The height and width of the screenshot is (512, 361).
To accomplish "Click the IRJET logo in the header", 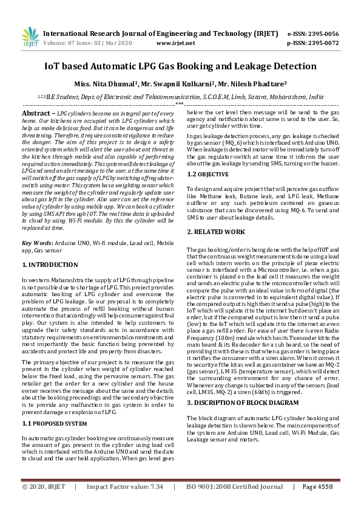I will tap(27, 37).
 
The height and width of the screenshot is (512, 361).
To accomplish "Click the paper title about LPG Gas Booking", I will tap(180, 66).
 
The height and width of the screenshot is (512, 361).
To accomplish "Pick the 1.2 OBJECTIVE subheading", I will tap(207, 175).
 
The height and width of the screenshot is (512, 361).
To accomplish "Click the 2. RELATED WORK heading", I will tap(216, 232).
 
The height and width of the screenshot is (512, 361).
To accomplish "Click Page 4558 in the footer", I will tap(317, 504).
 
